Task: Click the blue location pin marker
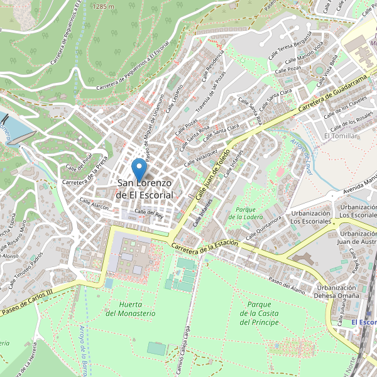click(x=139, y=170)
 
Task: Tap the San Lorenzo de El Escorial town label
click(x=145, y=189)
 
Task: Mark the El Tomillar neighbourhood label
click(x=341, y=136)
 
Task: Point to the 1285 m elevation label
click(x=103, y=6)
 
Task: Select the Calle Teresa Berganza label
click(x=290, y=46)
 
